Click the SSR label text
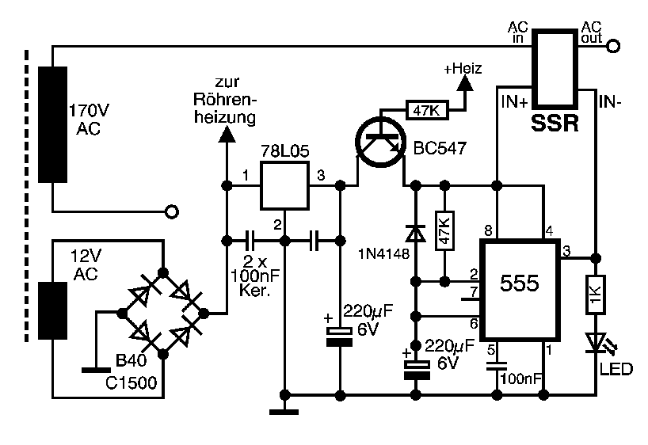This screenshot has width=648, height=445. (x=555, y=124)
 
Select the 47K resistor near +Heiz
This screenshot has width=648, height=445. (x=428, y=110)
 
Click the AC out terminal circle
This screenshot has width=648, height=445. (x=612, y=47)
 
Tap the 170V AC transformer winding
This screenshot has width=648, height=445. (x=52, y=124)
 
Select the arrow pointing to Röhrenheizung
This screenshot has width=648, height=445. (x=226, y=134)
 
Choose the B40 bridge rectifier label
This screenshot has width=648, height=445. (x=131, y=361)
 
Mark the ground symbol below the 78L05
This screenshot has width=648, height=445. (x=284, y=410)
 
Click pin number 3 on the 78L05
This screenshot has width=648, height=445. (x=321, y=175)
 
